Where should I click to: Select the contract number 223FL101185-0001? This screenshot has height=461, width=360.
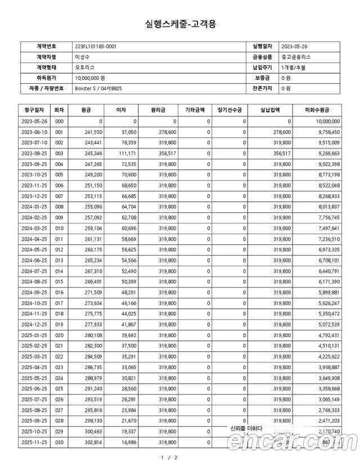(96, 46)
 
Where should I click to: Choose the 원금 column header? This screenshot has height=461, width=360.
(86, 110)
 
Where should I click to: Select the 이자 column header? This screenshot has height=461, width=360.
(120, 110)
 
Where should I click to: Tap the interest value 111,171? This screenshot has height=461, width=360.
(127, 153)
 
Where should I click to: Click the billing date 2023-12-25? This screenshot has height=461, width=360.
(35, 196)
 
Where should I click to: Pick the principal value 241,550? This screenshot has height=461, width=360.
(92, 131)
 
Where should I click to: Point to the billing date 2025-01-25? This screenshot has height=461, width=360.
(35, 335)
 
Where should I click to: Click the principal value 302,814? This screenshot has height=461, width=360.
(92, 442)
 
